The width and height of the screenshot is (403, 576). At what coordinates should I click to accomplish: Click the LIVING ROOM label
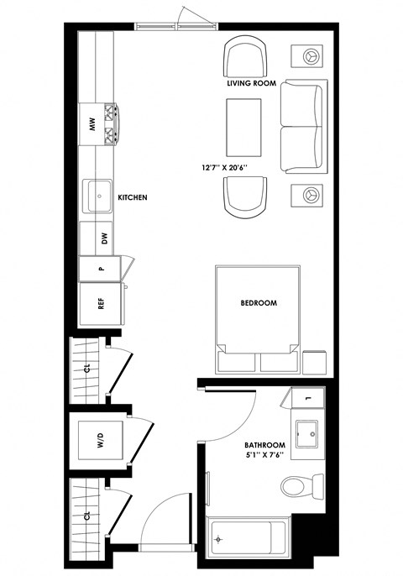pyautogui.click(x=252, y=84)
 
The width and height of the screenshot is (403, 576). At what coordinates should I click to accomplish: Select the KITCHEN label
pyautogui.click(x=133, y=198)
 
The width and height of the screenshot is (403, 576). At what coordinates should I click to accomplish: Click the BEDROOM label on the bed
pyautogui.click(x=258, y=303)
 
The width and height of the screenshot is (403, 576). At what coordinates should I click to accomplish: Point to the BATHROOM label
pyautogui.click(x=264, y=445)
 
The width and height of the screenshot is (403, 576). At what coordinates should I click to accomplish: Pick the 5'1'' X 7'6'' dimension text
pyautogui.click(x=264, y=456)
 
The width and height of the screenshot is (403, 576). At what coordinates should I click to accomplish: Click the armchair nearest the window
pyautogui.click(x=244, y=58)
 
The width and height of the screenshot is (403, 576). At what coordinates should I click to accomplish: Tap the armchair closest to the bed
pyautogui.click(x=244, y=196)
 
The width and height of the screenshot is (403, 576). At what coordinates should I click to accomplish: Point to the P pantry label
pyautogui.click(x=100, y=270)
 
